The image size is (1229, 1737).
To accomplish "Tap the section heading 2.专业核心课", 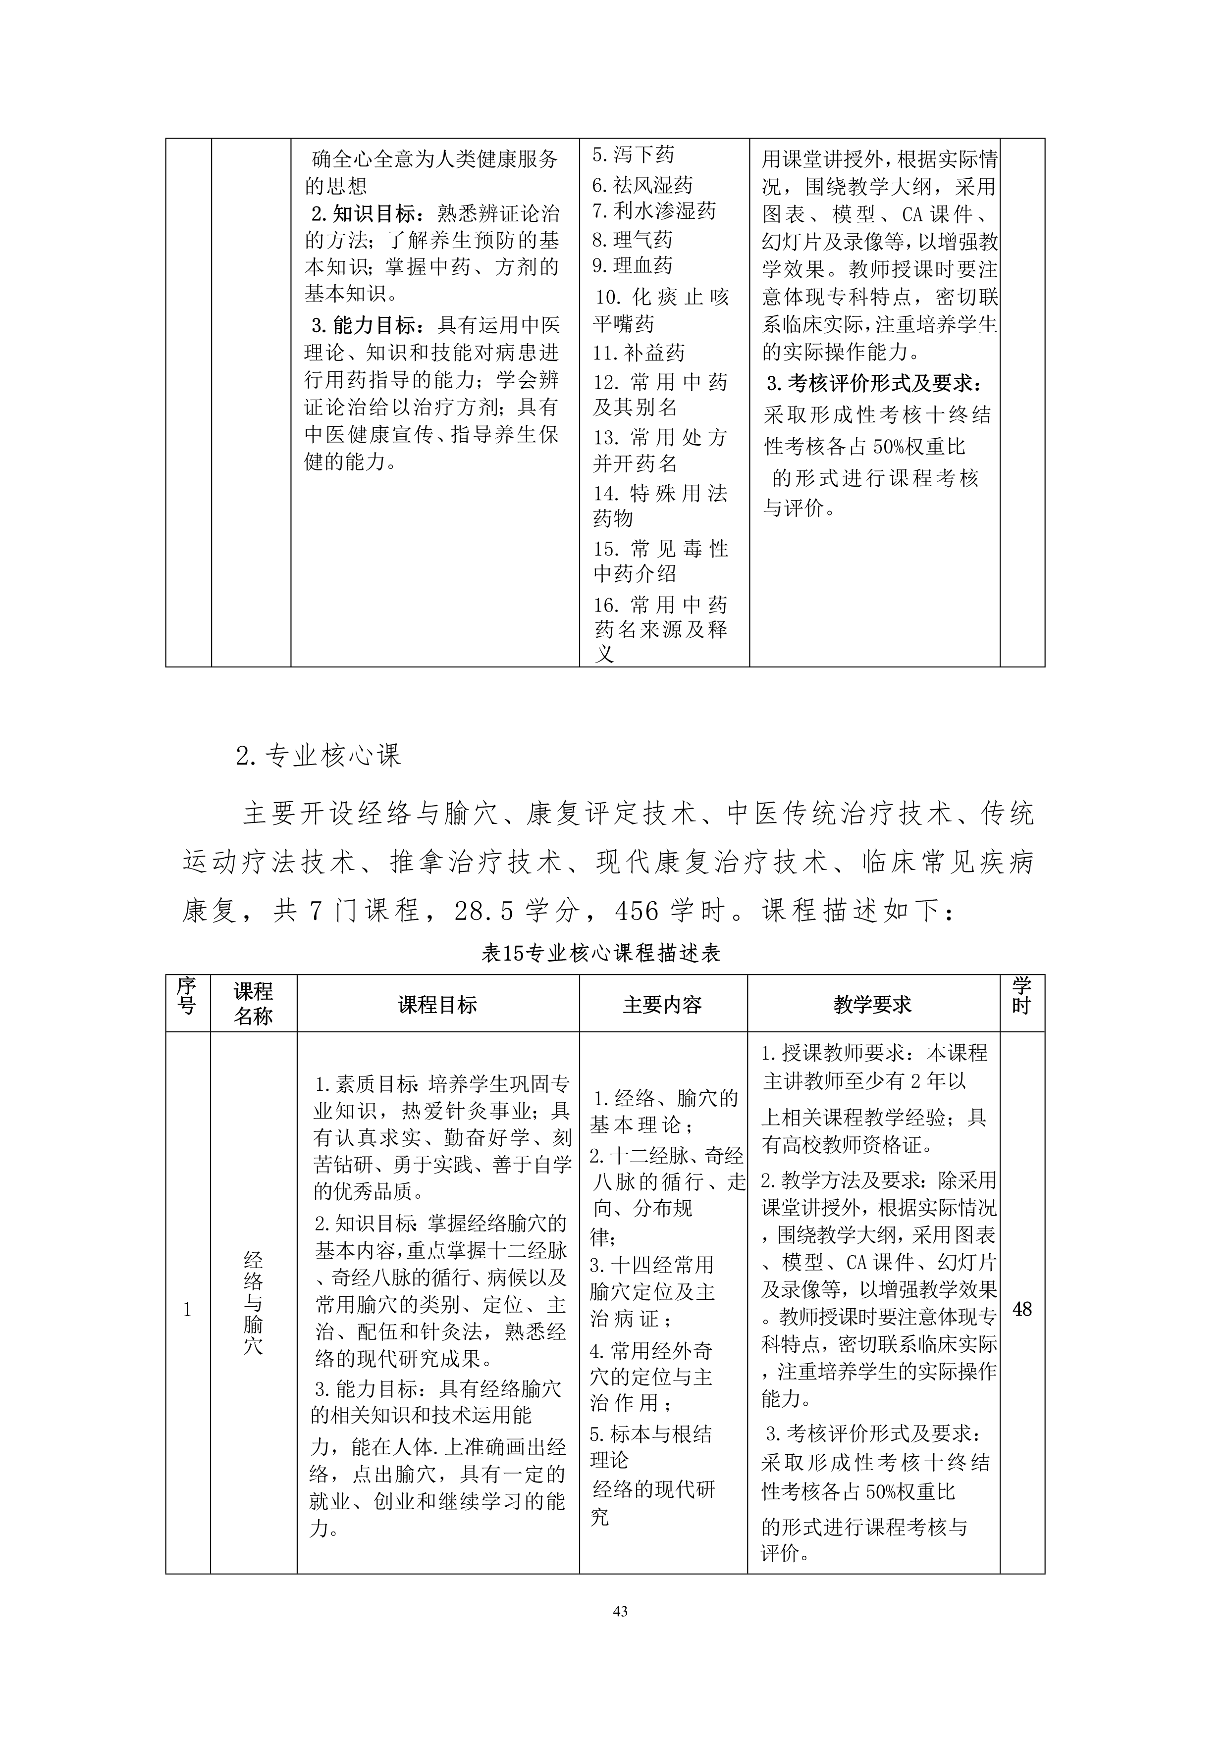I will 318,755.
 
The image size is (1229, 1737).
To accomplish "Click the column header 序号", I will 187,996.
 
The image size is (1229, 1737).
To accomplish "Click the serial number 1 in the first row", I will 187,1310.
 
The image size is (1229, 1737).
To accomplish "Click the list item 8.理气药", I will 632,240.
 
